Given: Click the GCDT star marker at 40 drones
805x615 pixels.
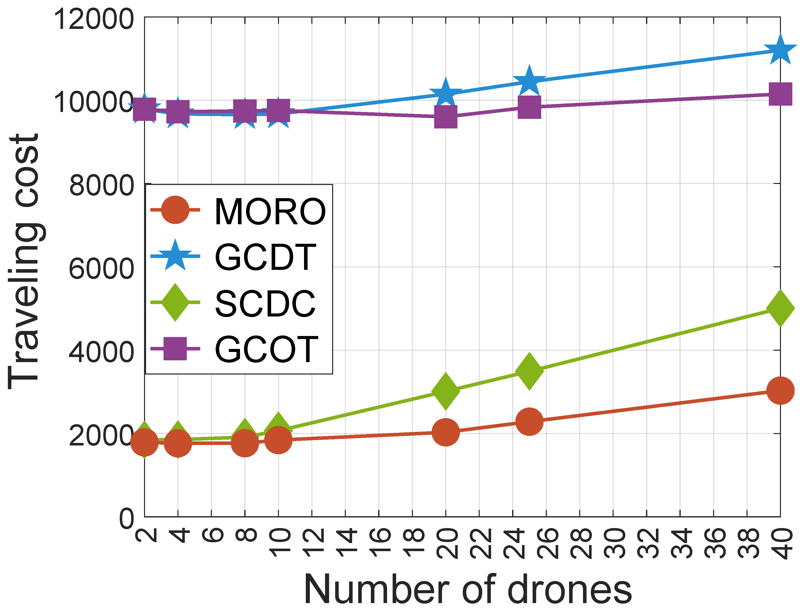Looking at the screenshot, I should pyautogui.click(x=780, y=50).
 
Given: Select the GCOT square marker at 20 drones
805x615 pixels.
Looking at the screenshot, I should pyautogui.click(x=446, y=117).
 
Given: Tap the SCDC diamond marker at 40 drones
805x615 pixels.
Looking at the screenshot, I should pyautogui.click(x=780, y=308).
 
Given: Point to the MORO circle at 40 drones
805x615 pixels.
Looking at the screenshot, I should pyautogui.click(x=780, y=390).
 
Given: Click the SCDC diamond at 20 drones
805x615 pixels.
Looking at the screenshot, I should pyautogui.click(x=446, y=391).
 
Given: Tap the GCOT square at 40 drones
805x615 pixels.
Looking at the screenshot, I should pyautogui.click(x=780, y=94).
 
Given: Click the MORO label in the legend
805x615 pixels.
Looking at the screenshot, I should pyautogui.click(x=270, y=212).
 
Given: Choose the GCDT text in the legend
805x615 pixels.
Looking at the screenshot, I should pyautogui.click(x=265, y=257).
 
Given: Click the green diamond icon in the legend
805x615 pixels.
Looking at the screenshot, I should pyautogui.click(x=175, y=302).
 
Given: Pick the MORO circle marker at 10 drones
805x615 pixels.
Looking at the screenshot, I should pyautogui.click(x=278, y=440).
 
